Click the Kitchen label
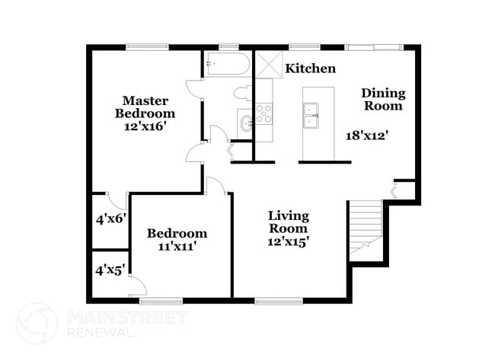310,68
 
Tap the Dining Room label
382,100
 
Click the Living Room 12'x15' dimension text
288,241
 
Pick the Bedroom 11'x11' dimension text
177,247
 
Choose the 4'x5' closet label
110,269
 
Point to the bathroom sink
245,122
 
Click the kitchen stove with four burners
263,114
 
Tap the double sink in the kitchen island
310,116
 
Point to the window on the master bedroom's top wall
147,47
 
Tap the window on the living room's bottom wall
275,301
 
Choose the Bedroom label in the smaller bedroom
177,234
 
